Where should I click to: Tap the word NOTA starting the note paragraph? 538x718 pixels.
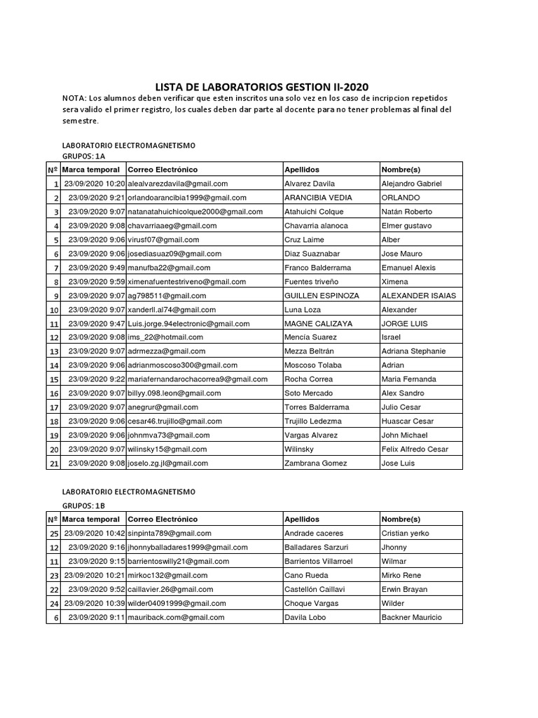(x=75, y=98)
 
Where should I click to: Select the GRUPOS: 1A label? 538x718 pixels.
(x=84, y=156)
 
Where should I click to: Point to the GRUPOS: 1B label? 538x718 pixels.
(x=84, y=506)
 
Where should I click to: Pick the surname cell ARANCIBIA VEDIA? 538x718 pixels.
(x=318, y=198)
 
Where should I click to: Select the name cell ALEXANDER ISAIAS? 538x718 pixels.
(x=419, y=296)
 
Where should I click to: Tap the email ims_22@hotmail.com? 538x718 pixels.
(x=165, y=337)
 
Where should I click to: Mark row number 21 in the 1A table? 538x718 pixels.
(x=53, y=463)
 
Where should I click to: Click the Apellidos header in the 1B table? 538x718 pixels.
(x=302, y=520)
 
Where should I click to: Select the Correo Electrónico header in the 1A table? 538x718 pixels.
(x=163, y=170)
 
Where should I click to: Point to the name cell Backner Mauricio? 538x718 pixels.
(x=412, y=618)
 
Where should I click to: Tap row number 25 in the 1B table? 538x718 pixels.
(x=53, y=534)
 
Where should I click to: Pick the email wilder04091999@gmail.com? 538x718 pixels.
(x=177, y=604)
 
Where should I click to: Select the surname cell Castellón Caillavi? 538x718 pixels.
(x=315, y=590)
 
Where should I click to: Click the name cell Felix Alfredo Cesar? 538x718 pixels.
(x=415, y=449)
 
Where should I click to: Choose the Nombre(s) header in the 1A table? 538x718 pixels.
(x=401, y=170)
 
